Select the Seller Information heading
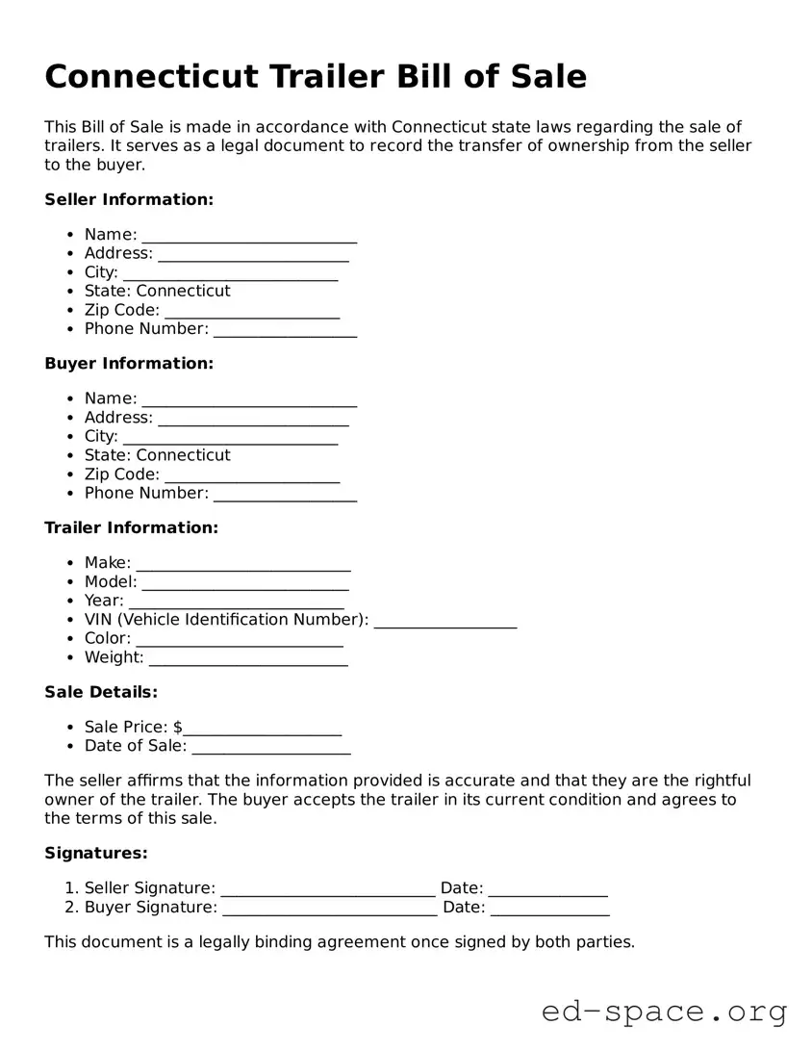point(129,199)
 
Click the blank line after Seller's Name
point(249,237)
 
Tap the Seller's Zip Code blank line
point(252,312)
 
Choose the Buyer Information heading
point(129,364)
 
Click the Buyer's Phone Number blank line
point(285,495)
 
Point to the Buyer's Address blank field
point(253,420)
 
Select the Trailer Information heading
point(132,527)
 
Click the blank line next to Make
point(242,565)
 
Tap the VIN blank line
point(444,622)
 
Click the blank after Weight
point(248,659)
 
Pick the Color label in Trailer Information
point(107,638)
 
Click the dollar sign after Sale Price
point(178,727)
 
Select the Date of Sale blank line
point(271,748)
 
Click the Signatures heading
point(96,853)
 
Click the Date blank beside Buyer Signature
point(549,910)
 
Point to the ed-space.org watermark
point(664,1012)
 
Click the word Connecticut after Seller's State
point(183,291)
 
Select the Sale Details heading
point(101,692)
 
